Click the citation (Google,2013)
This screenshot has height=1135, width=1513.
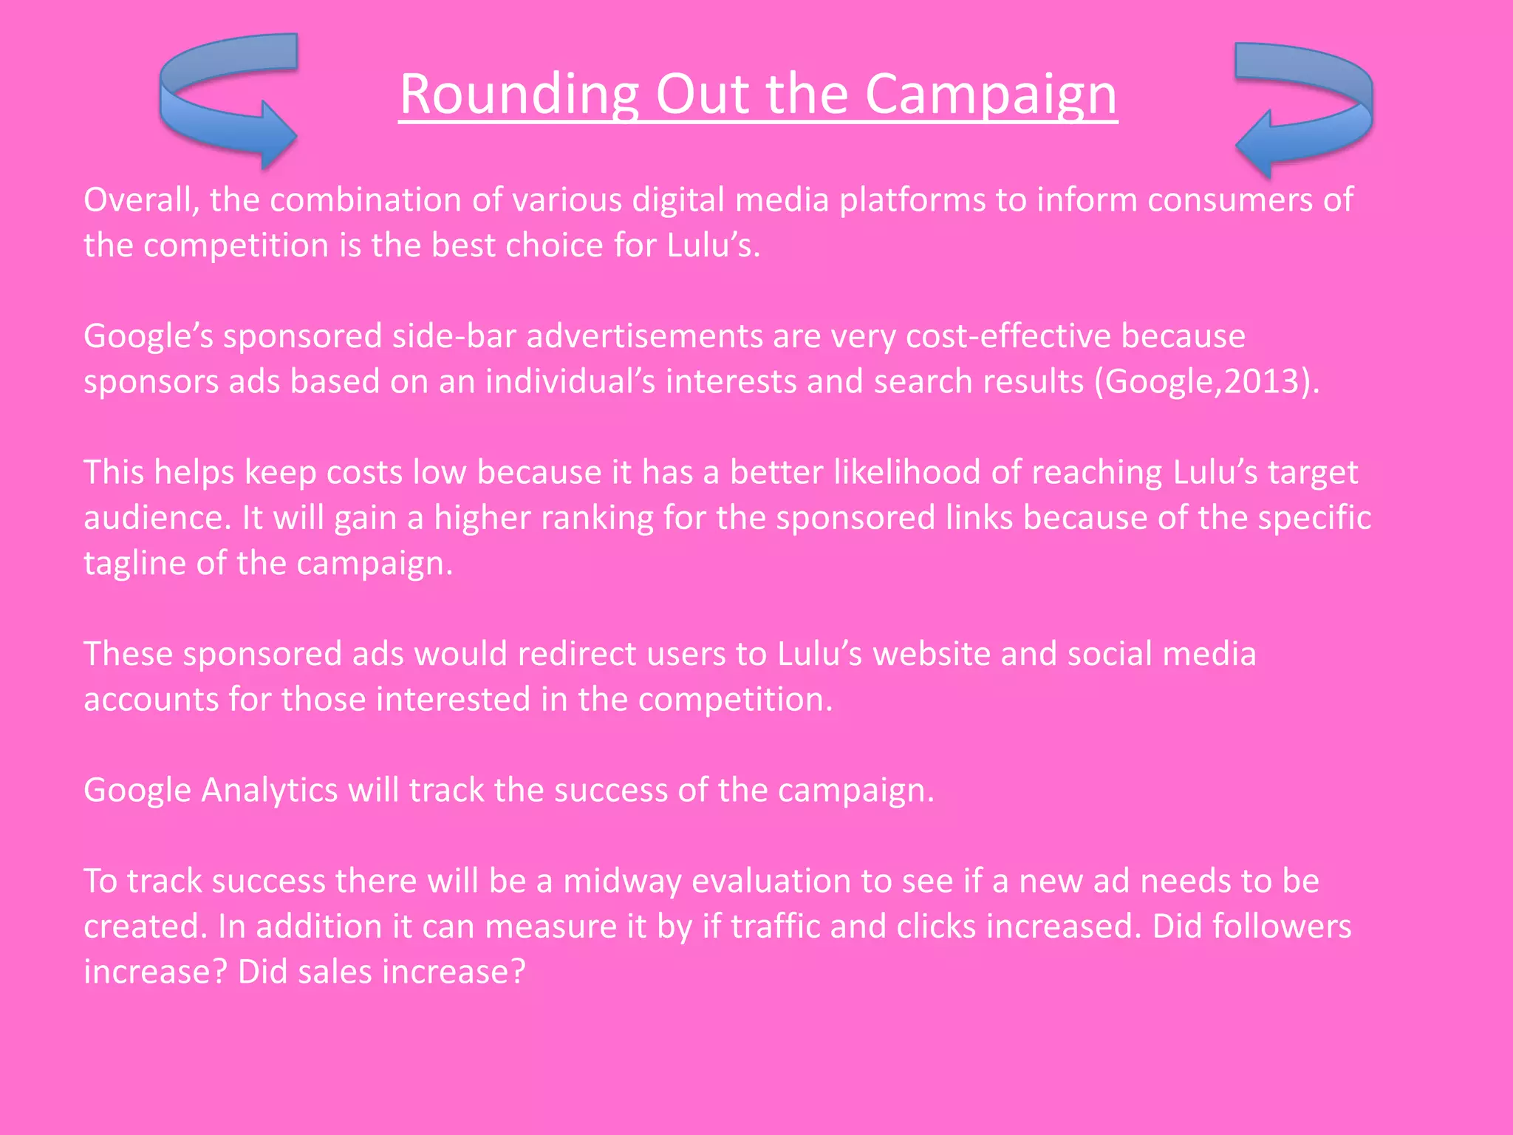(x=1206, y=382)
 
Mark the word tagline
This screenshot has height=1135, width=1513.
(x=134, y=564)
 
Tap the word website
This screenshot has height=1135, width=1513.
(x=932, y=654)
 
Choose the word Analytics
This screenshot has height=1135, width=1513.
(x=269, y=791)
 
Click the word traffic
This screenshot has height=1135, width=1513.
(x=775, y=927)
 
